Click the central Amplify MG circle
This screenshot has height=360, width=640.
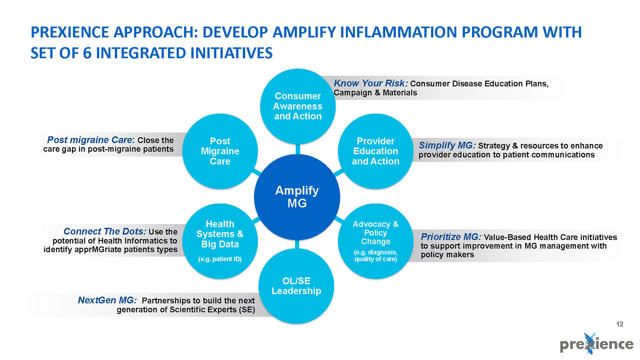click(x=297, y=197)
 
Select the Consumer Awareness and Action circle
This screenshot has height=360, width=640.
click(x=298, y=106)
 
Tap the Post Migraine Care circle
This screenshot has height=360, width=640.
click(x=220, y=151)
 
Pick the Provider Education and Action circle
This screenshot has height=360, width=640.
click(x=375, y=151)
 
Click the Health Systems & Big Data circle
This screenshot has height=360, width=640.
click(x=220, y=241)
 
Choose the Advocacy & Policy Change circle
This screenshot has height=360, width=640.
click(x=375, y=241)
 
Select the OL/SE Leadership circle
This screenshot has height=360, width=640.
click(x=296, y=286)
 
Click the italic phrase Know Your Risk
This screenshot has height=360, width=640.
click(x=370, y=83)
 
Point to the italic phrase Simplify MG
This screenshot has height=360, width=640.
click(x=447, y=145)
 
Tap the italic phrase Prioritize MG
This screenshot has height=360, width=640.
click(x=451, y=237)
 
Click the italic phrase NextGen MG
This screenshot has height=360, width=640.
click(x=107, y=300)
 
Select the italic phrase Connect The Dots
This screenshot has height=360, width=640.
click(x=105, y=231)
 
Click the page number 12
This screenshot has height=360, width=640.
click(x=620, y=324)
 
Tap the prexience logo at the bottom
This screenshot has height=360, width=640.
click(x=596, y=344)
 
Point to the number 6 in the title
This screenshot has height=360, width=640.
click(x=87, y=53)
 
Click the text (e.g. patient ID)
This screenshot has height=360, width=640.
click(x=220, y=259)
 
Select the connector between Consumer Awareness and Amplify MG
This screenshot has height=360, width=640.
click(x=298, y=149)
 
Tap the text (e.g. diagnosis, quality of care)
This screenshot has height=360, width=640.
click(x=375, y=256)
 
